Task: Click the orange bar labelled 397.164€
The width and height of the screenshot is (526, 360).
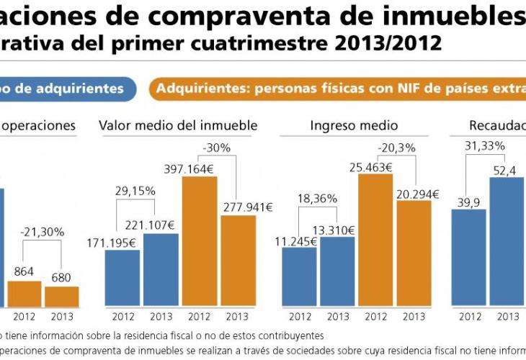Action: point(200,241)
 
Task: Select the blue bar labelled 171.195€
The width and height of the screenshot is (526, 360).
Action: point(122,278)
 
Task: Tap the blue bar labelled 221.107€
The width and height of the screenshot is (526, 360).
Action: point(161,269)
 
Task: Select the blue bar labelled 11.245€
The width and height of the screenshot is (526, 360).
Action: point(299,277)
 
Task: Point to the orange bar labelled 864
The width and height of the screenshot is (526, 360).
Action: point(24,294)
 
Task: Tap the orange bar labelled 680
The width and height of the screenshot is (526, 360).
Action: point(61,297)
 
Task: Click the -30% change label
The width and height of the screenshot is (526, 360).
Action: point(216,148)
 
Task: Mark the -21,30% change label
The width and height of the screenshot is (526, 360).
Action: point(43,232)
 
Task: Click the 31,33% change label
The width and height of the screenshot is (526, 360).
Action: point(485,145)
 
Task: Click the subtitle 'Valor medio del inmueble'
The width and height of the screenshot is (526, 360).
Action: point(178,125)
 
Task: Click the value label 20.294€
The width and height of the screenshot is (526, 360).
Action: point(414,193)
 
